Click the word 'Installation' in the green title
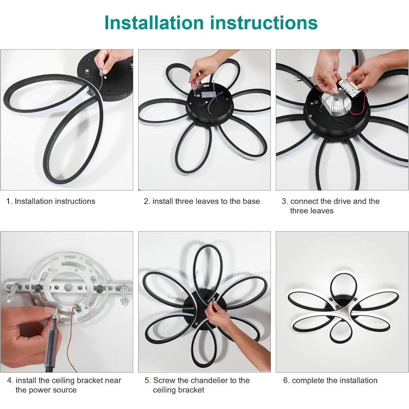(154, 22)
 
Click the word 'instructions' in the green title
(264, 22)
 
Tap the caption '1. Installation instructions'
(51, 201)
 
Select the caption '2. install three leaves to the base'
(202, 201)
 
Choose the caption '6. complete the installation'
(330, 380)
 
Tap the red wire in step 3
(359, 104)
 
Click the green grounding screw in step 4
(78, 309)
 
